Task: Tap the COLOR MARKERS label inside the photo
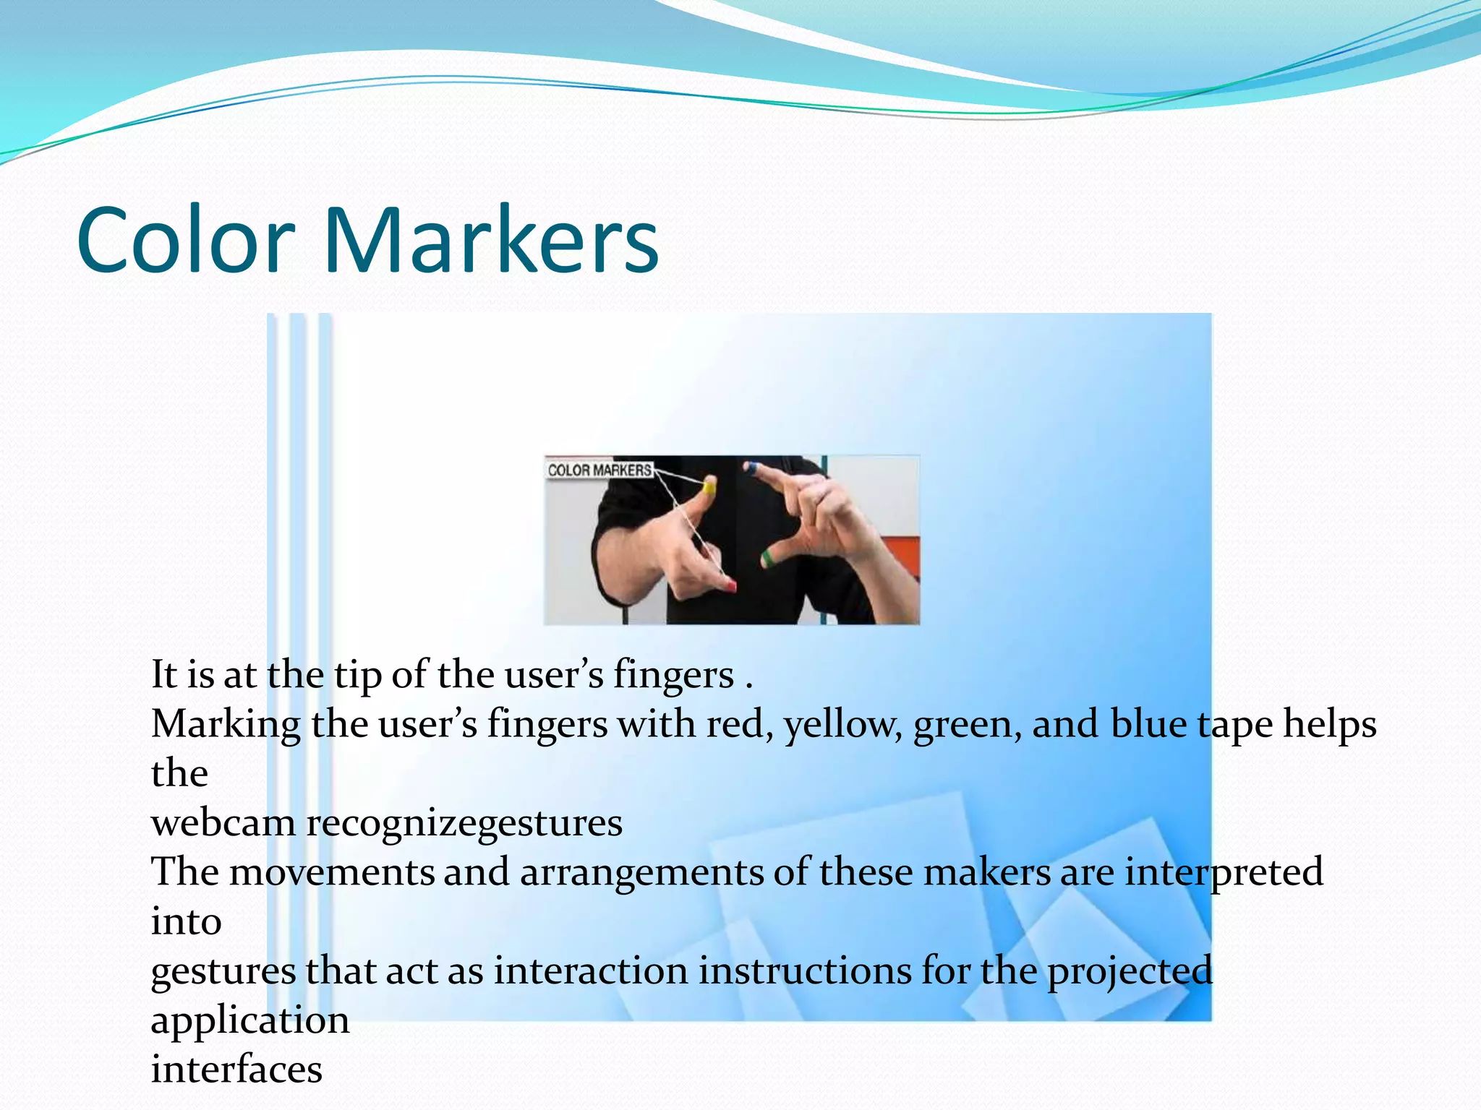599,470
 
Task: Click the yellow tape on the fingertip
709,487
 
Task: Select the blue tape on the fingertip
751,468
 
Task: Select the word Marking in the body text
226,726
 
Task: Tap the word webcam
223,823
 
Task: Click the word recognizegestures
464,825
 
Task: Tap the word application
250,1021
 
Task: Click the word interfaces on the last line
236,1070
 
